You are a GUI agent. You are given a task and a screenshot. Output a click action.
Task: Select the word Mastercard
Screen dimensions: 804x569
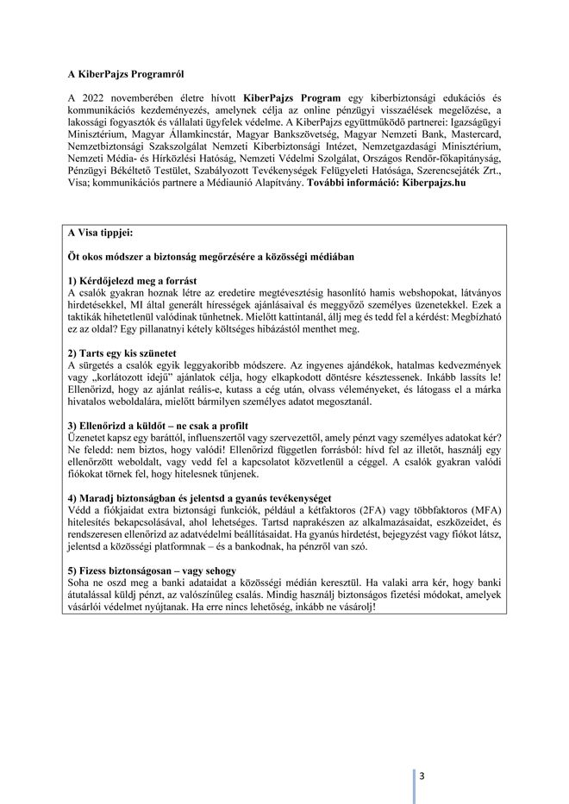coord(475,135)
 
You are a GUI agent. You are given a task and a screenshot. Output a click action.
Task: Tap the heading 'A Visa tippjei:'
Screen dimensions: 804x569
coord(101,233)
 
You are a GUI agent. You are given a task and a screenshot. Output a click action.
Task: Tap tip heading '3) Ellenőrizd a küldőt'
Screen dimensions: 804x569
coord(158,426)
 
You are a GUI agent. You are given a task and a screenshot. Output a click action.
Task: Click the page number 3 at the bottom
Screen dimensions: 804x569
coord(422,776)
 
